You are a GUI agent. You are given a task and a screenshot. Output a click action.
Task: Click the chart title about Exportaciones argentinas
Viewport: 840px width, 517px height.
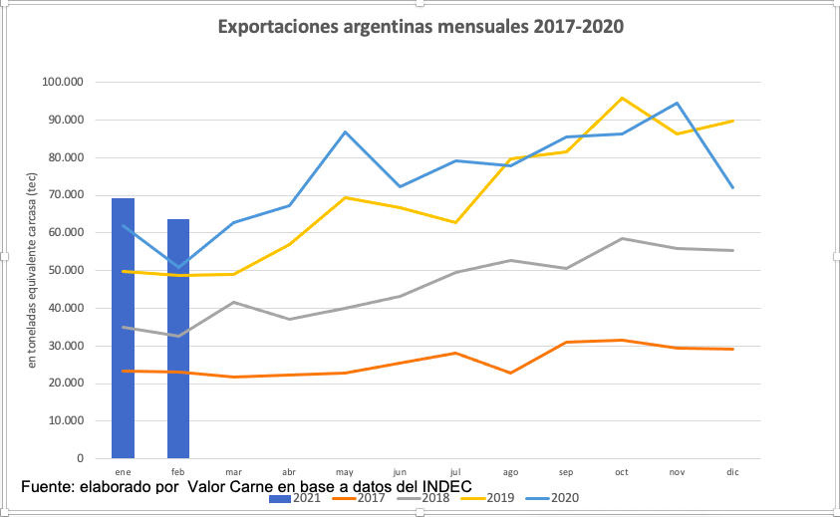pyautogui.click(x=421, y=27)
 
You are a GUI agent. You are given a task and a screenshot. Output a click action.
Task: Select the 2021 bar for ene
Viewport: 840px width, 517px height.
pyautogui.click(x=123, y=329)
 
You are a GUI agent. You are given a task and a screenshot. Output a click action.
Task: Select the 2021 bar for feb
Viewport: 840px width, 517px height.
pyautogui.click(x=178, y=339)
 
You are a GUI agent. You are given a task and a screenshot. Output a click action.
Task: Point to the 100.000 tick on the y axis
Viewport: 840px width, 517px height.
pyautogui.click(x=65, y=83)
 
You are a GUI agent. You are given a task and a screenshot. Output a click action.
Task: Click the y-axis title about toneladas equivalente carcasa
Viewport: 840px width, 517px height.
pyautogui.click(x=32, y=270)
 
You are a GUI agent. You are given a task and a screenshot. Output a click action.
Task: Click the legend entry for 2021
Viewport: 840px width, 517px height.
pyautogui.click(x=295, y=498)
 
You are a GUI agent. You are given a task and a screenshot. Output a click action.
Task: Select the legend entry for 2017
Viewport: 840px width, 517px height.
pyautogui.click(x=365, y=498)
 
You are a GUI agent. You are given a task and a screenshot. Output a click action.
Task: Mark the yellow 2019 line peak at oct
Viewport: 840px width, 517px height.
pyautogui.click(x=622, y=98)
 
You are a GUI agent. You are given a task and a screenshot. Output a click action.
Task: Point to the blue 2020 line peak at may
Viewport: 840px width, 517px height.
pyautogui.click(x=345, y=131)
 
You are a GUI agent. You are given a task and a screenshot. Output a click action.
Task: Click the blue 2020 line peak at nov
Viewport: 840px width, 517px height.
pyautogui.click(x=678, y=103)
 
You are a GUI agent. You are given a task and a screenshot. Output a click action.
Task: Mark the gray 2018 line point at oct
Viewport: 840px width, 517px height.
pyautogui.click(x=622, y=238)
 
